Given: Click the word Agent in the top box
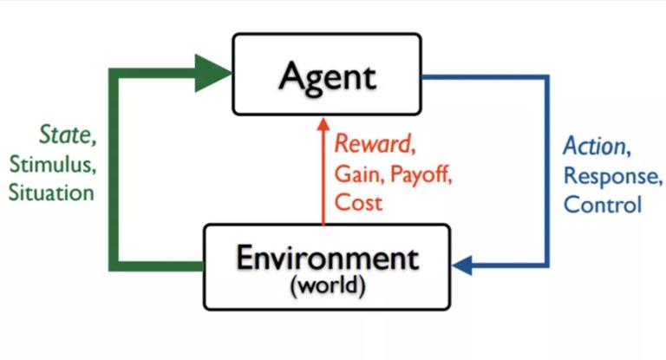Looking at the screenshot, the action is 328,78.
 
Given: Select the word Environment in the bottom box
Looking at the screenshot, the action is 328,258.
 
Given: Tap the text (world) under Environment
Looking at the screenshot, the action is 328,285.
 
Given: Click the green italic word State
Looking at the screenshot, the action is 65,134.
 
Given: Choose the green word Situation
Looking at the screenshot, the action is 51,193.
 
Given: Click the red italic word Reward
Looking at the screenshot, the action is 373,143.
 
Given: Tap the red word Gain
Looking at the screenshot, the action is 356,173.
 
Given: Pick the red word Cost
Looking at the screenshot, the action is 358,202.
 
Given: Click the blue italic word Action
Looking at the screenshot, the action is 594,146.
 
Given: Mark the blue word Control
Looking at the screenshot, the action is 603,205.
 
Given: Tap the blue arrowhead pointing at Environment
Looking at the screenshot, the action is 461,265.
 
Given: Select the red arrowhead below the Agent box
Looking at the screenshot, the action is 323,124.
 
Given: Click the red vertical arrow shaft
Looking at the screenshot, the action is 323,177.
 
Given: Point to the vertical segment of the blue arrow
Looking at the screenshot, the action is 546,171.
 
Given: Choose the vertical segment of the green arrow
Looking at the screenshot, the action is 114,169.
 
